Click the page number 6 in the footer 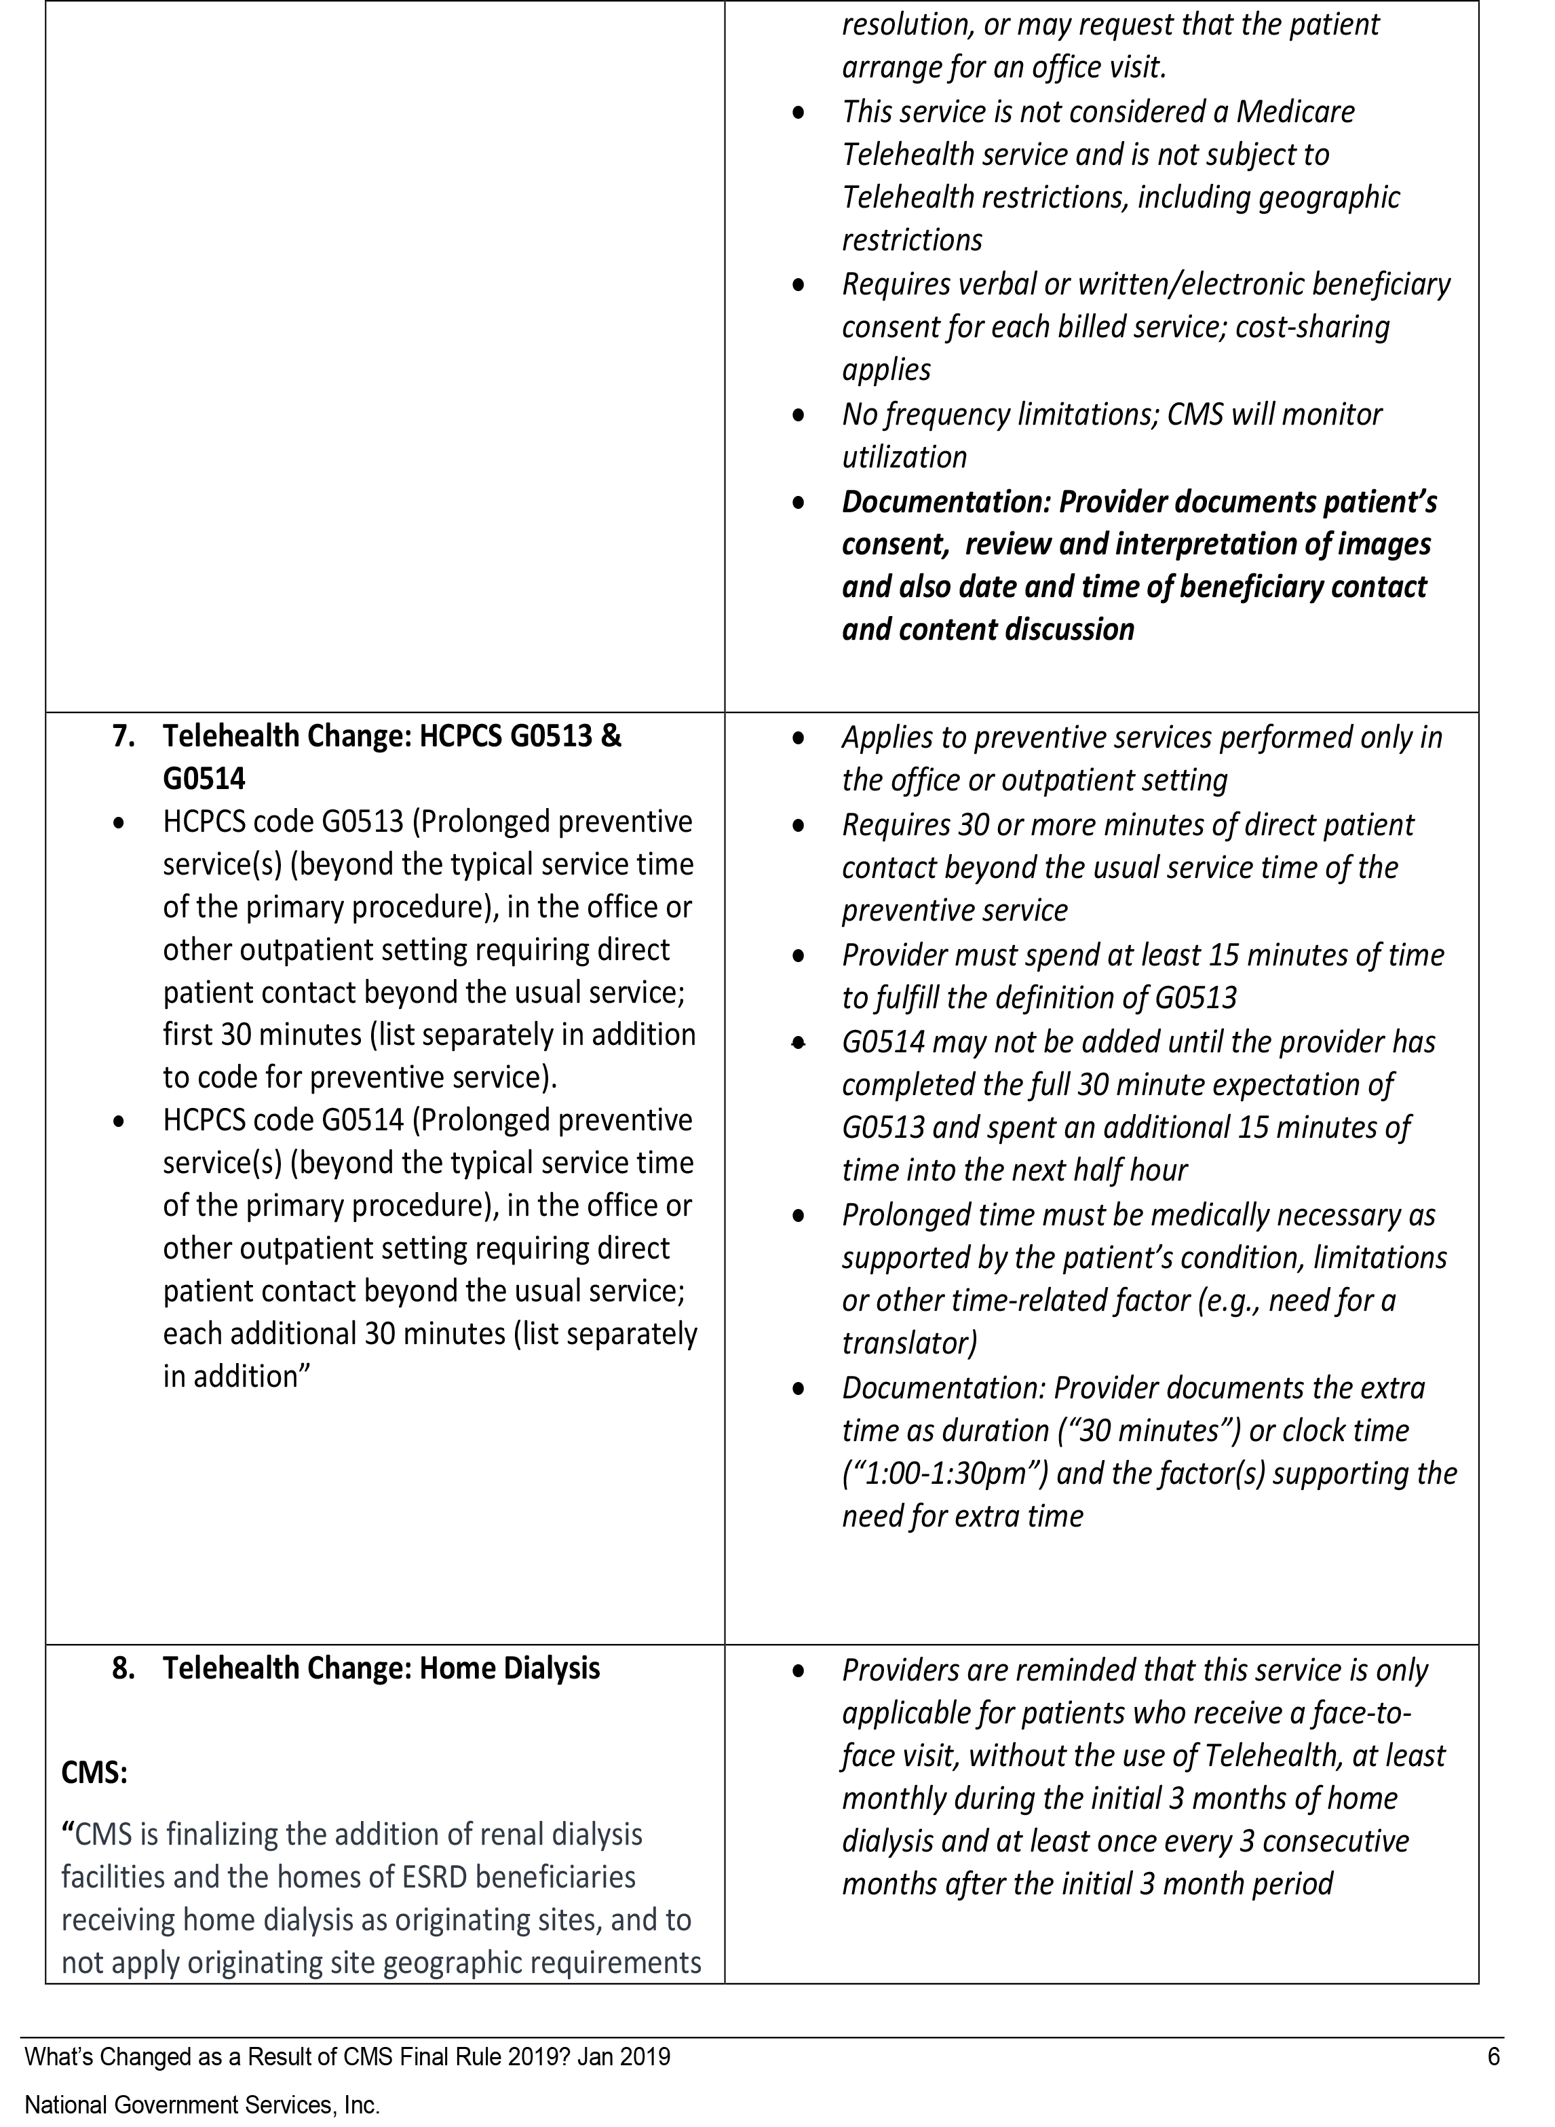(x=1493, y=2056)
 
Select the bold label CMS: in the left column (x=94, y=1772)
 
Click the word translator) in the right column (x=908, y=1343)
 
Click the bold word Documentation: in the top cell (x=945, y=501)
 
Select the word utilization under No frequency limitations (x=904, y=457)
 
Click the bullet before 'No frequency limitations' (x=799, y=415)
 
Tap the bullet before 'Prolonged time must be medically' (x=799, y=1216)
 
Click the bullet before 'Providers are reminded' (x=799, y=1672)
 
